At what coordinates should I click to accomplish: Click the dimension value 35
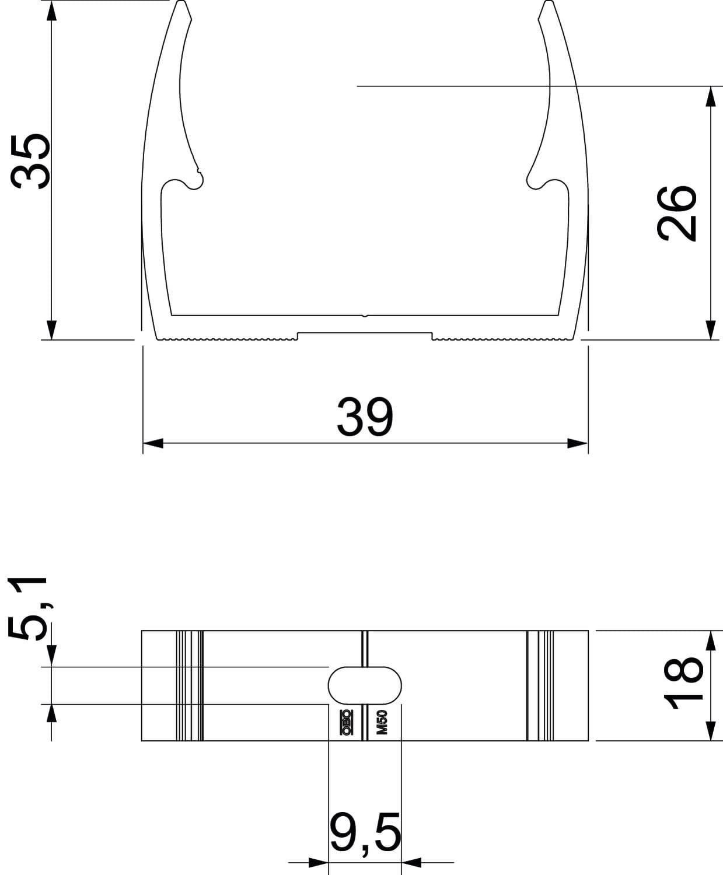(30, 162)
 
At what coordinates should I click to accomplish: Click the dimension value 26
(677, 213)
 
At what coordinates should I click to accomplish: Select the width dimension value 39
(365, 417)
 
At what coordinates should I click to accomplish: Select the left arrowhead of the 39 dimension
(153, 443)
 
